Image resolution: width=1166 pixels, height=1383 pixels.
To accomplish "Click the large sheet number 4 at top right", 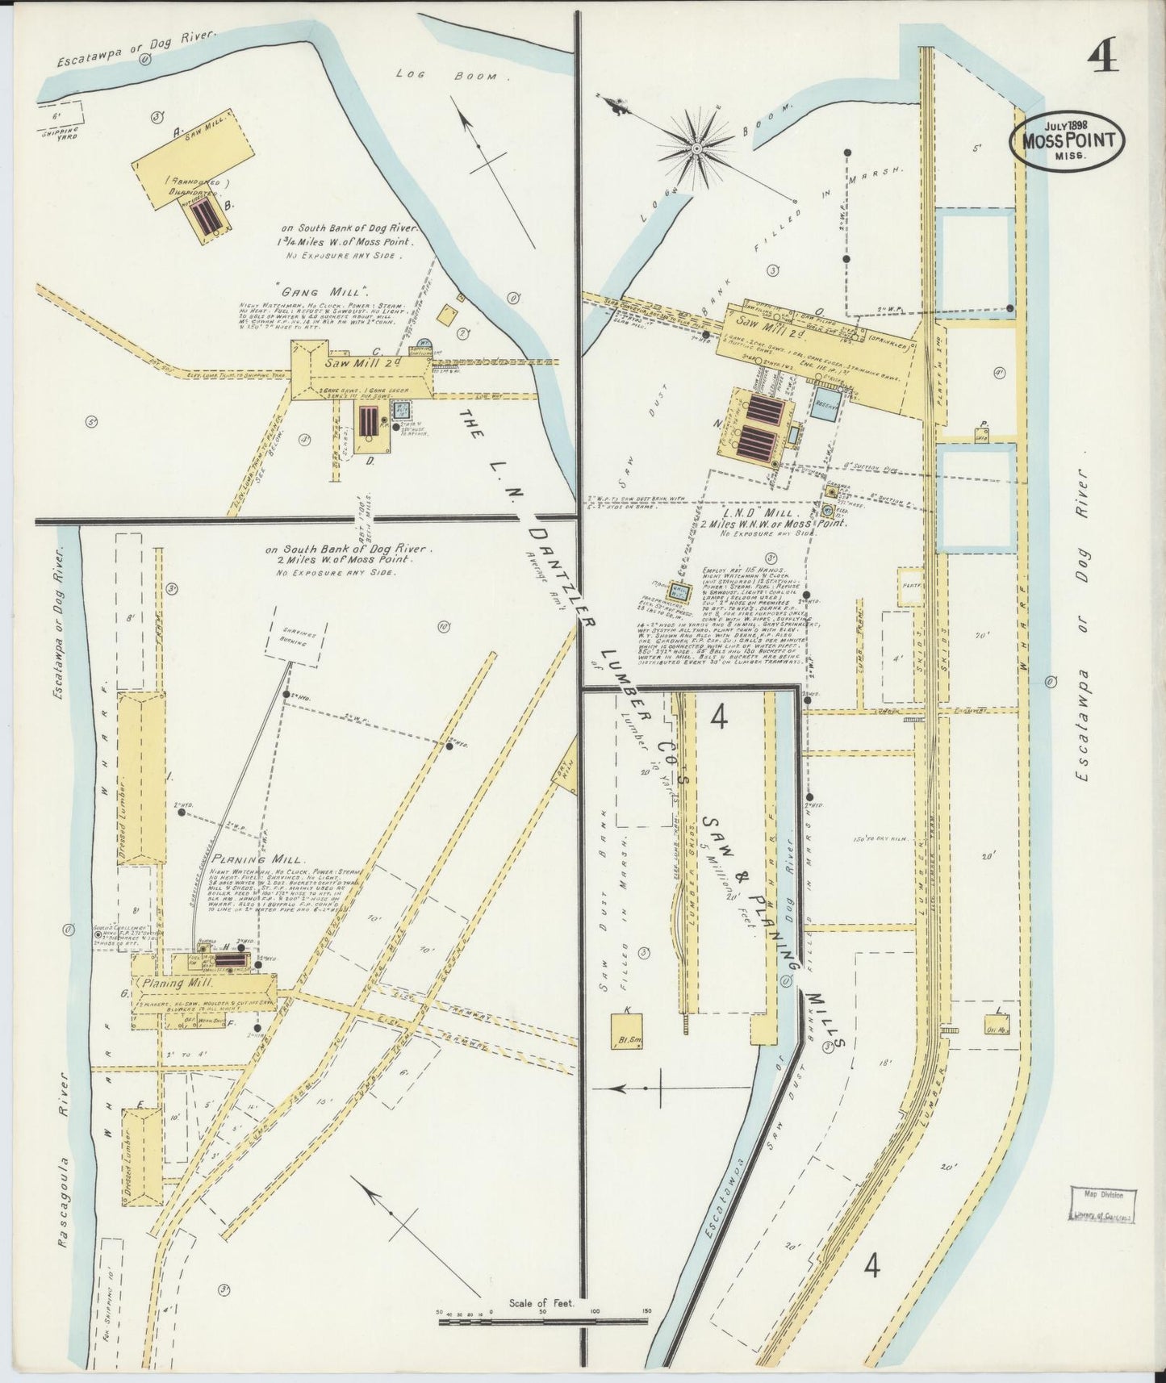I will coord(1103,57).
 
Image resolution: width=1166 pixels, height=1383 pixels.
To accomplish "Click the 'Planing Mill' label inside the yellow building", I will coord(178,984).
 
